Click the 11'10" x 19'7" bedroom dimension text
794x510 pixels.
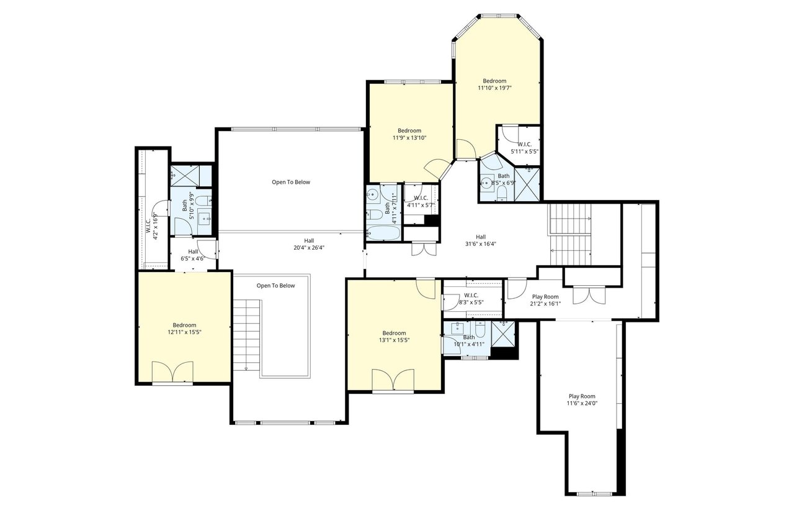[494, 88]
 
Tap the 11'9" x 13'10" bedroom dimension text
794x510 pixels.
[409, 138]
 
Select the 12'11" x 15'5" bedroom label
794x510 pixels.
[184, 329]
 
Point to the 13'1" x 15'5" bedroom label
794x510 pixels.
[394, 337]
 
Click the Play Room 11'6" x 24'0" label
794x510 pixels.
[582, 399]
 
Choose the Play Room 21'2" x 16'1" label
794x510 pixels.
[545, 300]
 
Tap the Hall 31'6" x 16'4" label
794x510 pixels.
[481, 240]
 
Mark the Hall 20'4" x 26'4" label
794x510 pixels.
[309, 244]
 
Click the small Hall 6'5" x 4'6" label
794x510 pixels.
[193, 255]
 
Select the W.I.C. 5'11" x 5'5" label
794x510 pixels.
[525, 148]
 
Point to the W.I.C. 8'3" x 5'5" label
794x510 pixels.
[471, 299]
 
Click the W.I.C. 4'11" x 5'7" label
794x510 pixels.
[421, 201]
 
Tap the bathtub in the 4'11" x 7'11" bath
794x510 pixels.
[383, 233]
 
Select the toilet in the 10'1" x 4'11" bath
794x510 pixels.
[480, 330]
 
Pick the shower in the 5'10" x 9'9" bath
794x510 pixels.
[191, 176]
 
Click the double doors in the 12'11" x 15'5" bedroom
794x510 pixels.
[172, 372]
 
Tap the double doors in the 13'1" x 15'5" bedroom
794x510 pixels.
[393, 380]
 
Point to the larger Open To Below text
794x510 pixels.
[291, 182]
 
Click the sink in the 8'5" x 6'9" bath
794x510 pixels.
[487, 183]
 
